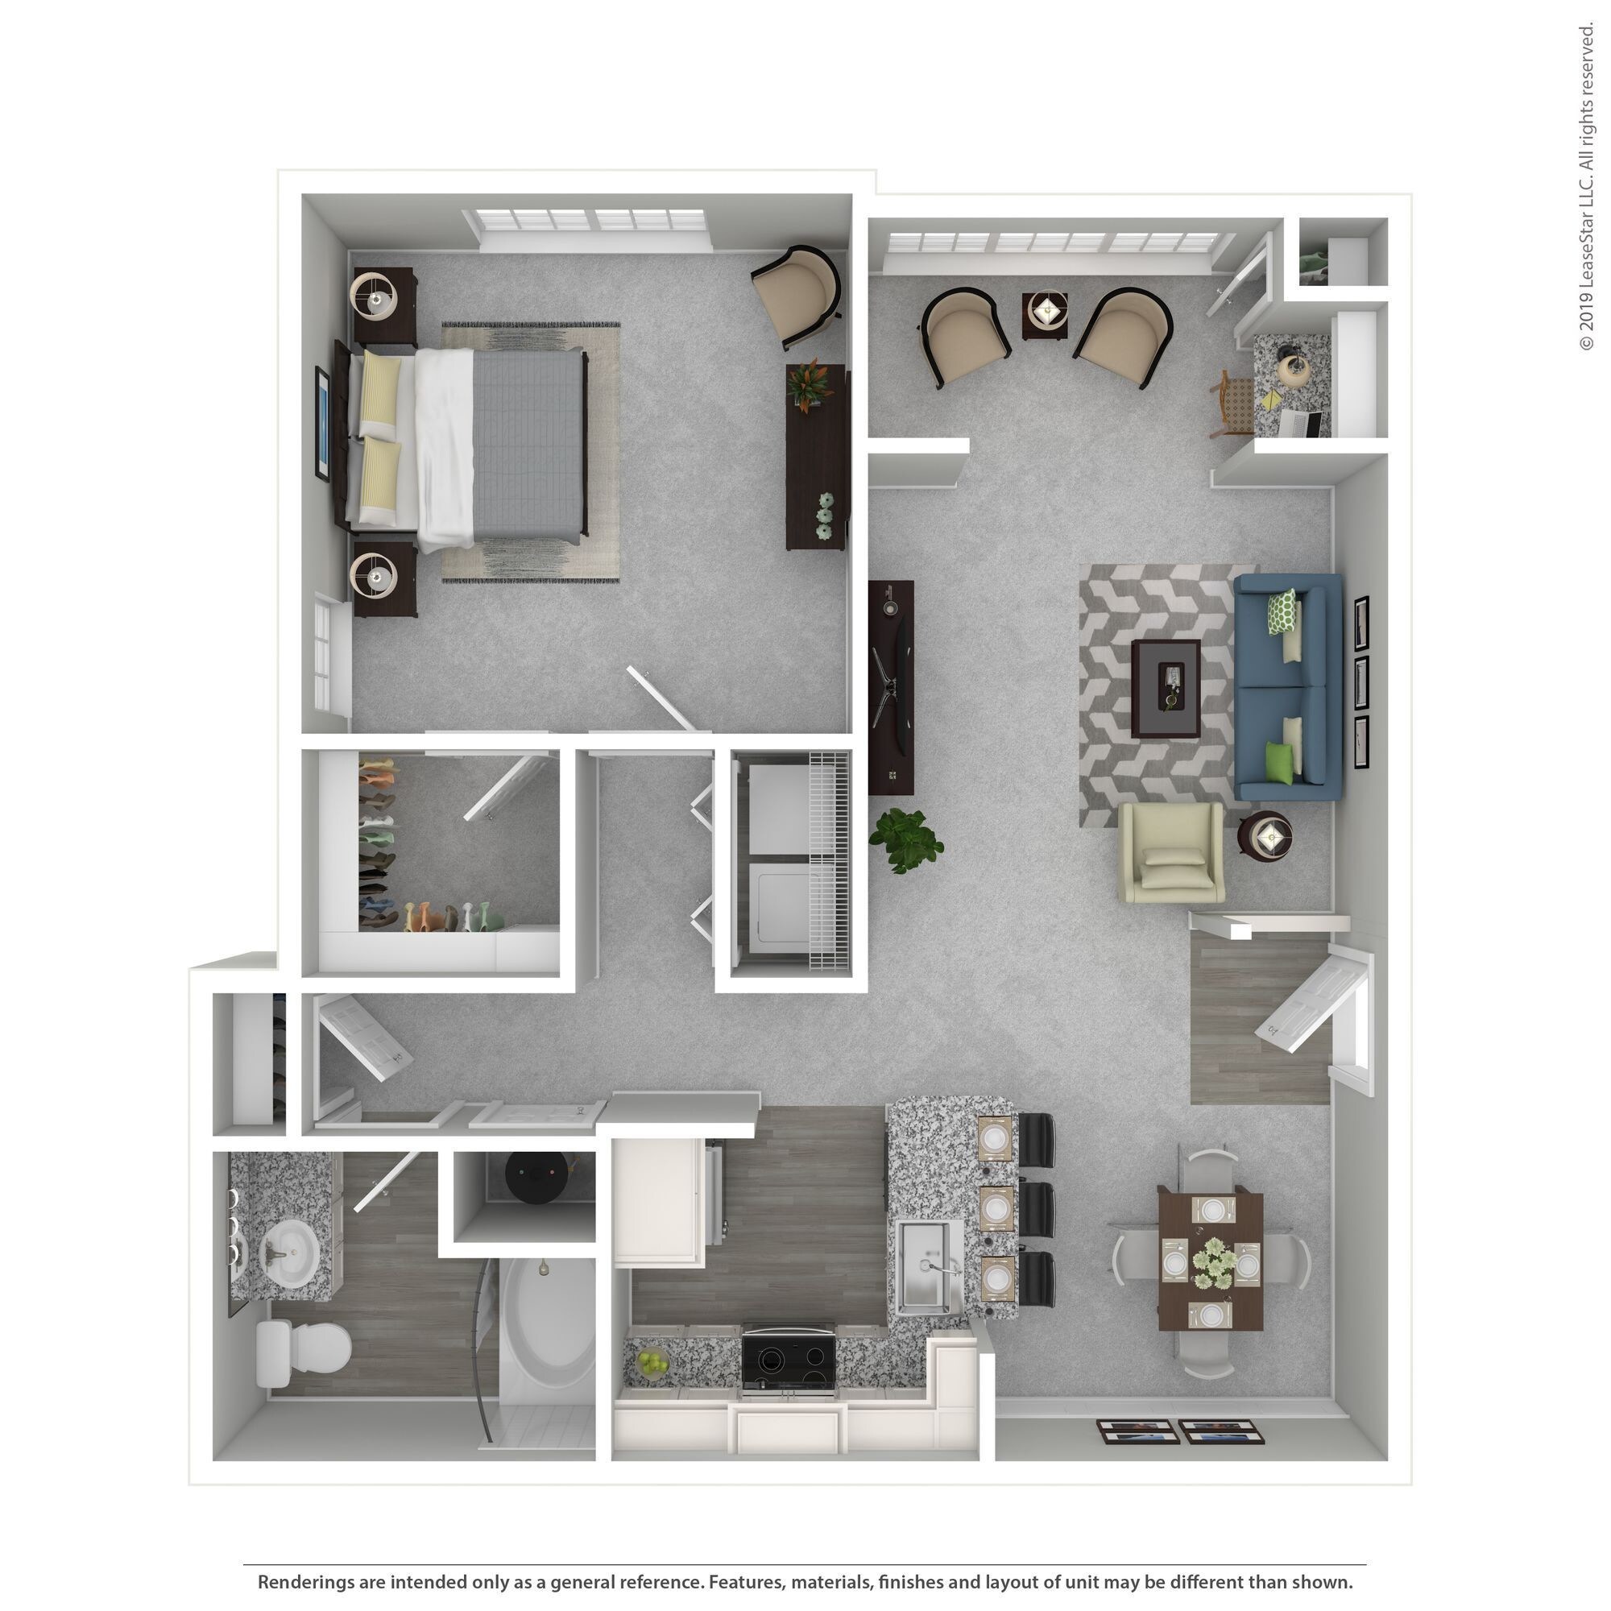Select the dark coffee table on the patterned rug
click(x=1165, y=688)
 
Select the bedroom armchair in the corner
click(x=797, y=292)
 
